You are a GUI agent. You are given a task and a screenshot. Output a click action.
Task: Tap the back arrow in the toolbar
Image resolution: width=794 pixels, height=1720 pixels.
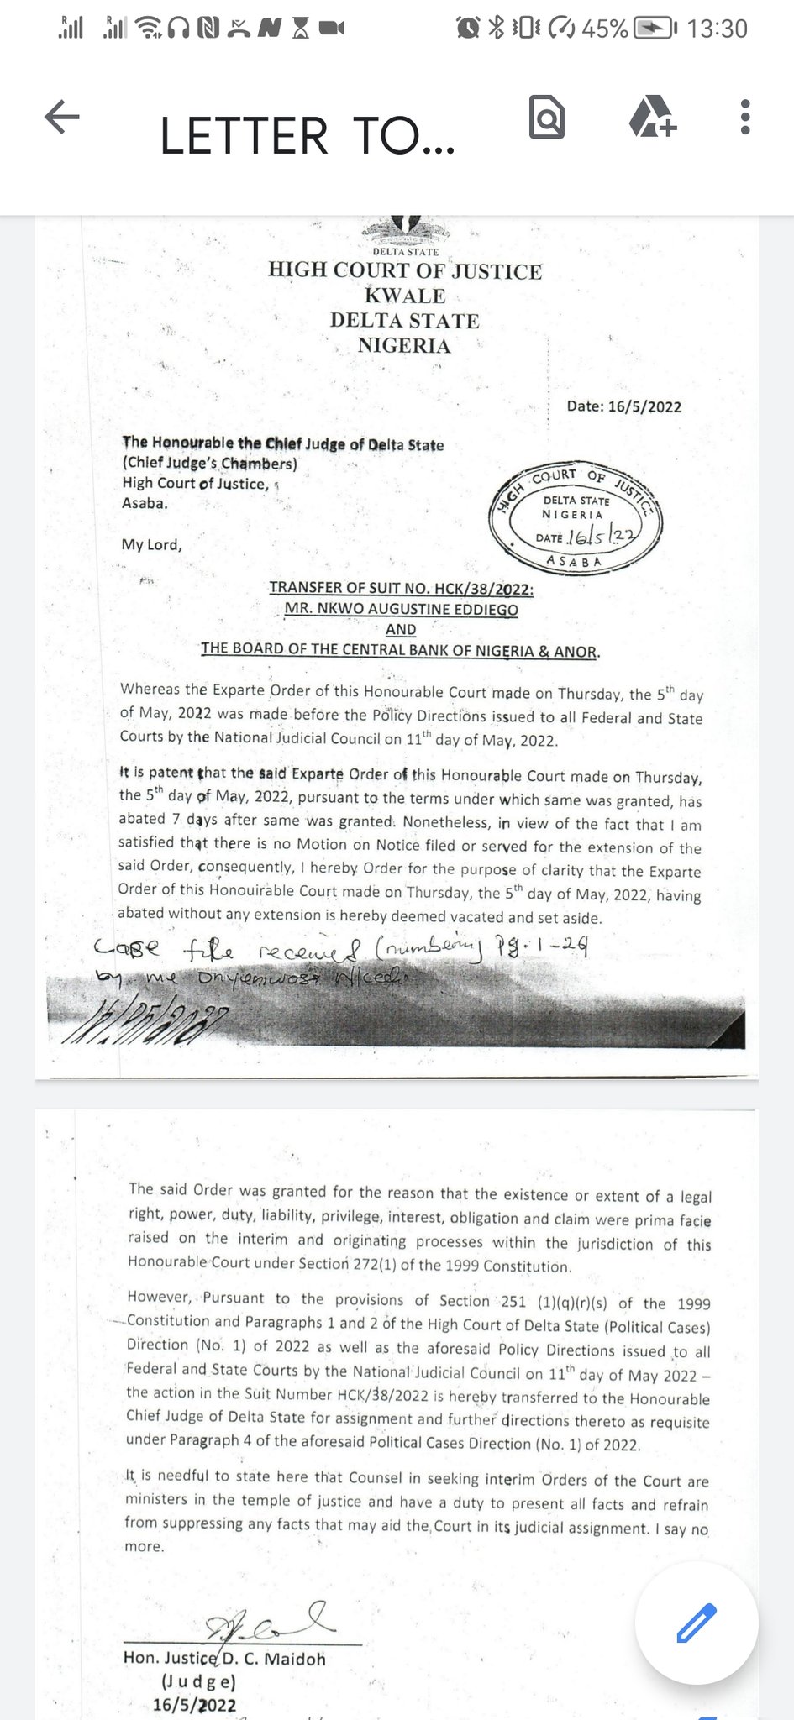(61, 117)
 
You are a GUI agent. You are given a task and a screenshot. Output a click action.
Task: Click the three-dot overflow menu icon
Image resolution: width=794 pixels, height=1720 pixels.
(744, 117)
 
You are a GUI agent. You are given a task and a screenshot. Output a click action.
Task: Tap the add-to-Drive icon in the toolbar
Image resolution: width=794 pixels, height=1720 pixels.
(653, 117)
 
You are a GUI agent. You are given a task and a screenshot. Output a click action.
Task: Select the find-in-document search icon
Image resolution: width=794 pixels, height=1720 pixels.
(546, 117)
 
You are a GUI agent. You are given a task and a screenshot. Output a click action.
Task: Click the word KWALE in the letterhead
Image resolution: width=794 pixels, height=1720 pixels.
(405, 296)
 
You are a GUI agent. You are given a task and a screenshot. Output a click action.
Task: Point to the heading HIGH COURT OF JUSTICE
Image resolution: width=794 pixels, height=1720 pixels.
(405, 270)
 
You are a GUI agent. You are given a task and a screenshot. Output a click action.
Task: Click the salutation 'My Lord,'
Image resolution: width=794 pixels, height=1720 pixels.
(151, 544)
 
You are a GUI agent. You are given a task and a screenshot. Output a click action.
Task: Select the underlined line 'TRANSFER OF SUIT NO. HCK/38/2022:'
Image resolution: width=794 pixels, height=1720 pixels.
(401, 588)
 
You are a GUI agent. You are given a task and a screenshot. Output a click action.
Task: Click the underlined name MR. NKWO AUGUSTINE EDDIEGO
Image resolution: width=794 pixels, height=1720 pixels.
(401, 609)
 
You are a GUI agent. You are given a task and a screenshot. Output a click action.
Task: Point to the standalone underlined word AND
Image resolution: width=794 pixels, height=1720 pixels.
(401, 629)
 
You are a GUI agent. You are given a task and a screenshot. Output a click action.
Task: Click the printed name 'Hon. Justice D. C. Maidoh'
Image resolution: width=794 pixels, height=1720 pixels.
(224, 1659)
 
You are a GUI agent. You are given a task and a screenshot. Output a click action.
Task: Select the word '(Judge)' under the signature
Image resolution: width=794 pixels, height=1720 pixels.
(198, 1682)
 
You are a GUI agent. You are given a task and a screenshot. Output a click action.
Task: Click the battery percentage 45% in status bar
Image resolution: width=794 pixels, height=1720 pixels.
(605, 29)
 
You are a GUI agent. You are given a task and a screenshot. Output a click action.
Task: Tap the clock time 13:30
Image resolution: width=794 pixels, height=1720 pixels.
(717, 29)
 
